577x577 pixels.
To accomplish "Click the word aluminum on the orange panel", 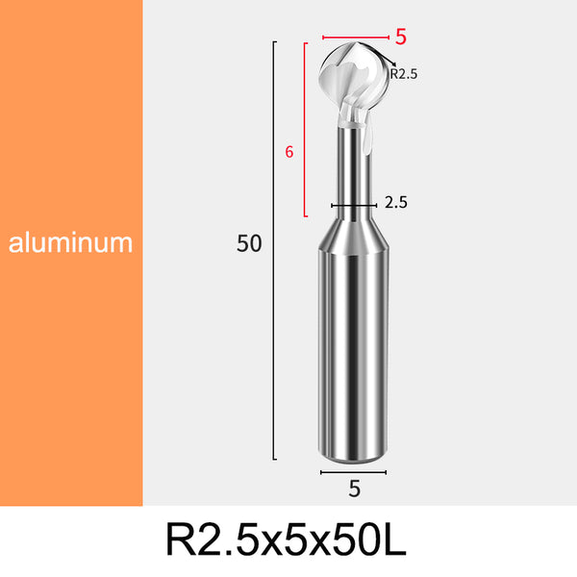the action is pos(70,242).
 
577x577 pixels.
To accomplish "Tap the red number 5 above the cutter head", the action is pos(401,37).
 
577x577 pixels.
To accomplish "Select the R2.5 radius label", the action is pos(403,74).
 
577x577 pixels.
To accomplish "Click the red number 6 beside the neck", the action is pos(289,152).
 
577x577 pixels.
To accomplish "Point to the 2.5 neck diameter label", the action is pos(396,202).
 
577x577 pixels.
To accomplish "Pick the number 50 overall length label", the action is pos(249,243).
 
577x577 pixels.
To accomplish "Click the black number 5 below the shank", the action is pos(354,489).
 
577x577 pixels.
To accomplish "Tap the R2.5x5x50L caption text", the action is pos(287,539).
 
